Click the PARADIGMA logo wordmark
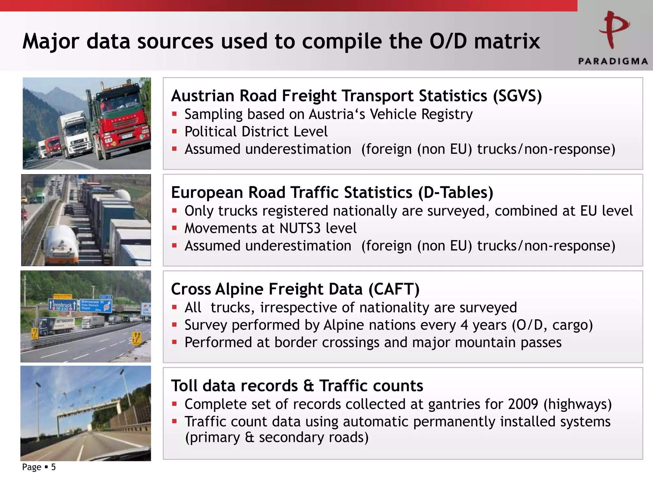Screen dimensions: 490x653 pyautogui.click(x=613, y=61)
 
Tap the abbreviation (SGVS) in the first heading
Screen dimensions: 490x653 pyautogui.click(x=517, y=96)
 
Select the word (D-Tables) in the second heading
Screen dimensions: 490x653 pyautogui.click(x=456, y=193)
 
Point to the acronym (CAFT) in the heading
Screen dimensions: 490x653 pyautogui.click(x=394, y=289)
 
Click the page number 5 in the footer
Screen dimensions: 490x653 pyautogui.click(x=53, y=467)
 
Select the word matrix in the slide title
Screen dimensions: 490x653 pyautogui.click(x=507, y=41)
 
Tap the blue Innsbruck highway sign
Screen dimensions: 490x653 pyautogui.click(x=62, y=305)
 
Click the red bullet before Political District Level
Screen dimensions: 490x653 pyautogui.click(x=174, y=131)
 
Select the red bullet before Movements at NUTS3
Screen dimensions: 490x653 pyautogui.click(x=174, y=228)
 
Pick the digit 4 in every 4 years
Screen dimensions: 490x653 pyautogui.click(x=464, y=325)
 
